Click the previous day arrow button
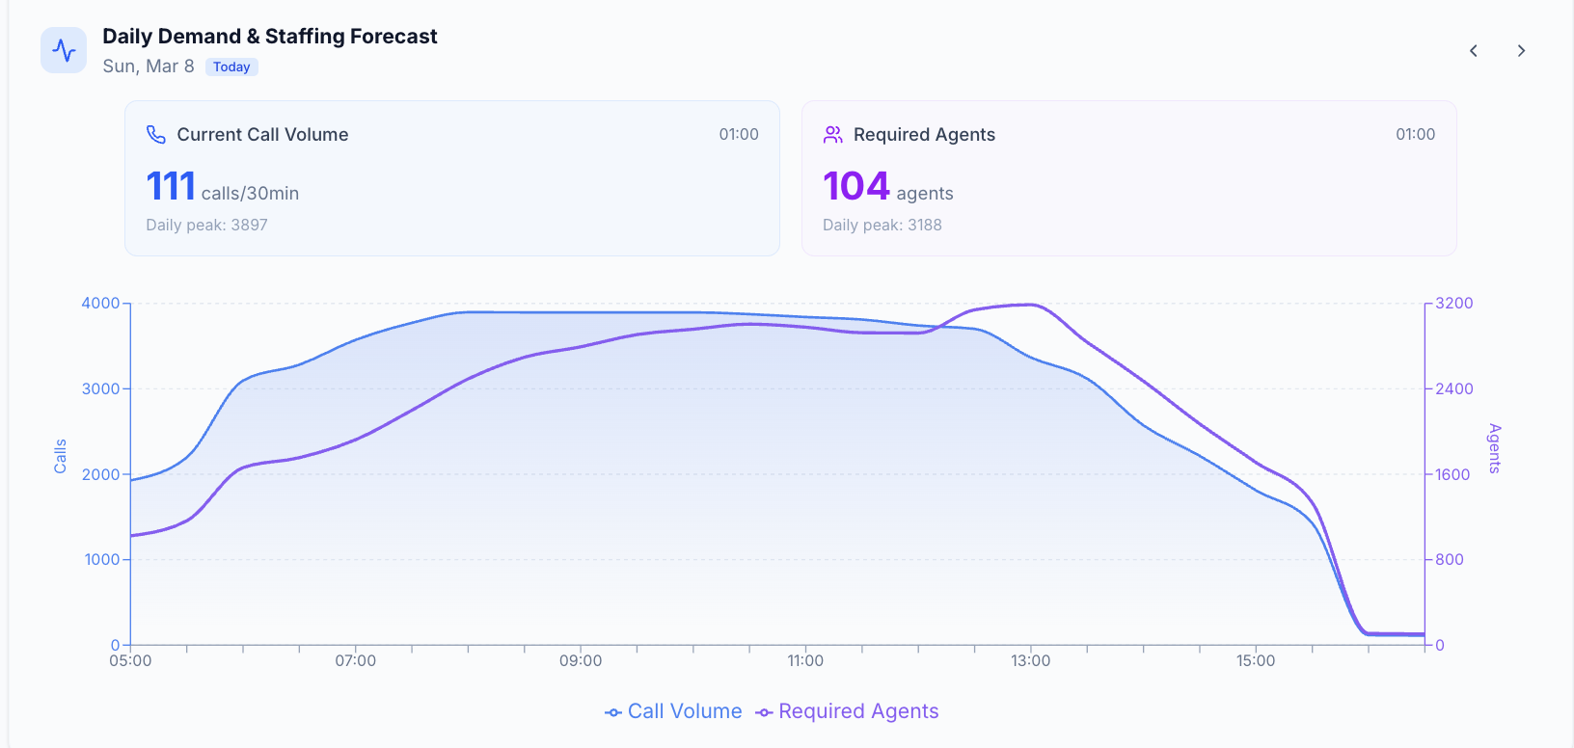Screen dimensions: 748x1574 pyautogui.click(x=1473, y=51)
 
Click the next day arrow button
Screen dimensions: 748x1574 pyautogui.click(x=1521, y=51)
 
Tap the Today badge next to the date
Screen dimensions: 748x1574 pyautogui.click(x=231, y=67)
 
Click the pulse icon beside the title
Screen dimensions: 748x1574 pyautogui.click(x=64, y=50)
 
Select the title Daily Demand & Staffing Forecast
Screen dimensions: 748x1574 pyautogui.click(x=269, y=37)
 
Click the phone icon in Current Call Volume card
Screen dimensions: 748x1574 pyautogui.click(x=156, y=134)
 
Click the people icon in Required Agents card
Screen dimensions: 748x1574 pyautogui.click(x=833, y=134)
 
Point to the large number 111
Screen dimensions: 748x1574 pyautogui.click(x=171, y=186)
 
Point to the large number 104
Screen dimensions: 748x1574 pyautogui.click(x=855, y=186)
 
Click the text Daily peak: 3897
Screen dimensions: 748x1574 pyautogui.click(x=206, y=225)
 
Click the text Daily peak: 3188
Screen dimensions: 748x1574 pyautogui.click(x=882, y=225)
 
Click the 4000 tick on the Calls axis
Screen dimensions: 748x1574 pyautogui.click(x=100, y=303)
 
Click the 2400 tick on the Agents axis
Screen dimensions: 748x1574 pyautogui.click(x=1453, y=388)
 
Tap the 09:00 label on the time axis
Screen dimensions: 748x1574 pyautogui.click(x=581, y=661)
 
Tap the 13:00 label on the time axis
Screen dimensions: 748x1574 pyautogui.click(x=1030, y=661)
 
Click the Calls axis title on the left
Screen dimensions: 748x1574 pyautogui.click(x=60, y=456)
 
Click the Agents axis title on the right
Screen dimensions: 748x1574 pyautogui.click(x=1494, y=448)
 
